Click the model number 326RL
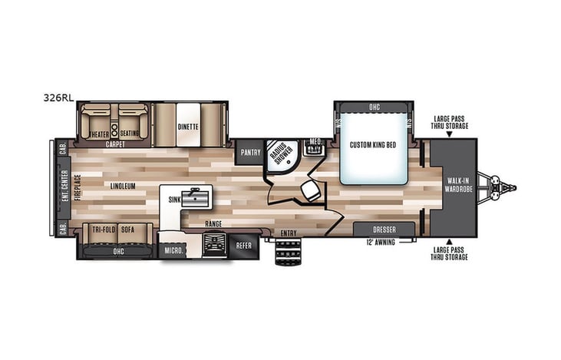[x=57, y=97]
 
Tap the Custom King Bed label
[x=373, y=145]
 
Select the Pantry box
[x=251, y=152]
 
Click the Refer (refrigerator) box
[x=243, y=246]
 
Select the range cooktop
[x=213, y=246]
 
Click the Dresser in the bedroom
[x=384, y=229]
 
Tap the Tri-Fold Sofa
[x=114, y=230]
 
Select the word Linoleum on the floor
[x=122, y=186]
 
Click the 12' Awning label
[x=382, y=243]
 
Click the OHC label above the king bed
[x=374, y=107]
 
